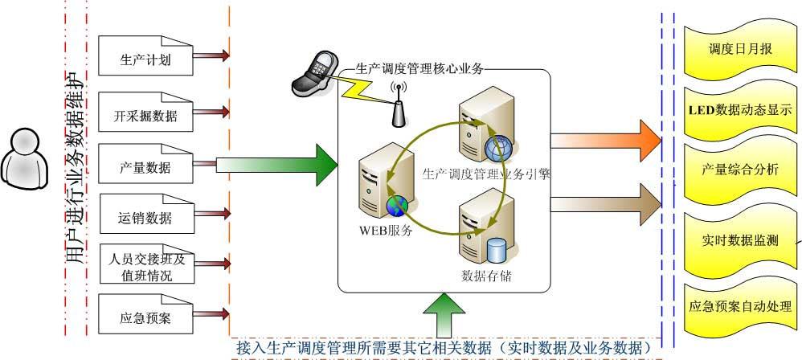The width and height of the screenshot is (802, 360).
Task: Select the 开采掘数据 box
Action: pyautogui.click(x=145, y=116)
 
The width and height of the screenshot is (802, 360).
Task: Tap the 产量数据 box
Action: pyautogui.click(x=145, y=167)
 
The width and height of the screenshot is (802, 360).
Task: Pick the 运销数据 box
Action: pyautogui.click(x=145, y=217)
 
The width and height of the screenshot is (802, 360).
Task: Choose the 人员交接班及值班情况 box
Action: pyautogui.click(x=145, y=268)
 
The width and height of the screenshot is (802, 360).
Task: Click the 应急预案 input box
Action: pyautogui.click(x=145, y=317)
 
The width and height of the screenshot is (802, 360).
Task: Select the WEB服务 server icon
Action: pyautogui.click(x=378, y=182)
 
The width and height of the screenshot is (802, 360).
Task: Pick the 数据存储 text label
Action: pyautogui.click(x=487, y=277)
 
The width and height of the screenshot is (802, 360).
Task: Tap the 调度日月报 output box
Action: pyautogui.click(x=740, y=49)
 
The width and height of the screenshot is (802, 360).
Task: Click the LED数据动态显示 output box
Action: pyautogui.click(x=740, y=110)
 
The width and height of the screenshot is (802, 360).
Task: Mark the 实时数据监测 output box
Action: pyautogui.click(x=740, y=240)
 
